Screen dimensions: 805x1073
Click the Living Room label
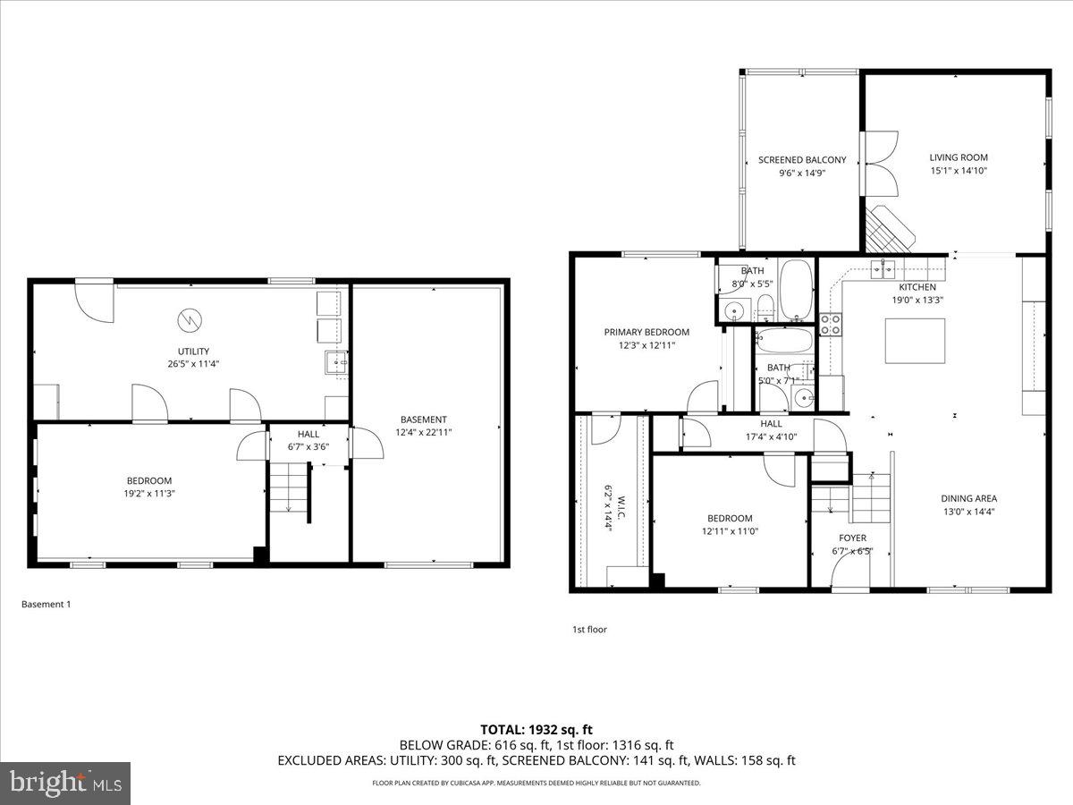pos(959,157)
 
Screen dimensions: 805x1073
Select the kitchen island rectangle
pos(915,341)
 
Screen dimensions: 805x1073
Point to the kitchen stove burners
pos(831,324)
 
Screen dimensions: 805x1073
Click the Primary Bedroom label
pos(646,332)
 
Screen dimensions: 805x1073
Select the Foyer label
pos(852,538)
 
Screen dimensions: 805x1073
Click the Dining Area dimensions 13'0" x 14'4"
pos(968,512)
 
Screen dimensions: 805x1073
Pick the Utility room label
pos(193,352)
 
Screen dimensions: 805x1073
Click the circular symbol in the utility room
pos(190,318)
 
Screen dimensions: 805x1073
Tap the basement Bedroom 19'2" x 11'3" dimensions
pos(149,493)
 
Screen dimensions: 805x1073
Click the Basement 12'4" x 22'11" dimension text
pos(424,432)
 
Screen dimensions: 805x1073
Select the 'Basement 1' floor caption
pos(46,605)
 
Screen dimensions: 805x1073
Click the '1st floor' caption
pos(589,630)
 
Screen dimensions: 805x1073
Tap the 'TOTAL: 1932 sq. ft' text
pos(536,729)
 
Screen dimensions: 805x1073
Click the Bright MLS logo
pos(65,784)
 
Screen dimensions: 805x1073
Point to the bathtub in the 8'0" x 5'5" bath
pos(796,289)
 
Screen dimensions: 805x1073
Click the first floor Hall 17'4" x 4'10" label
pos(772,431)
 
